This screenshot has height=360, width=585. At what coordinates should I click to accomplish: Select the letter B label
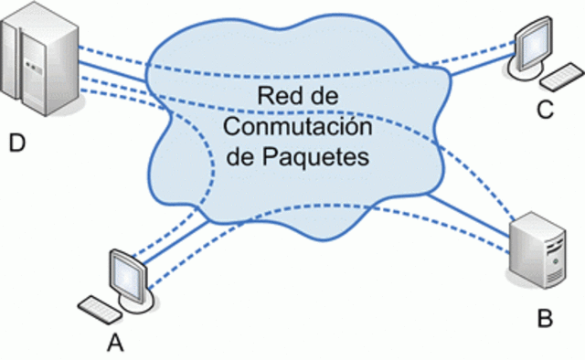coord(545,318)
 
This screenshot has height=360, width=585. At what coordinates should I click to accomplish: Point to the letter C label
coord(545,111)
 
